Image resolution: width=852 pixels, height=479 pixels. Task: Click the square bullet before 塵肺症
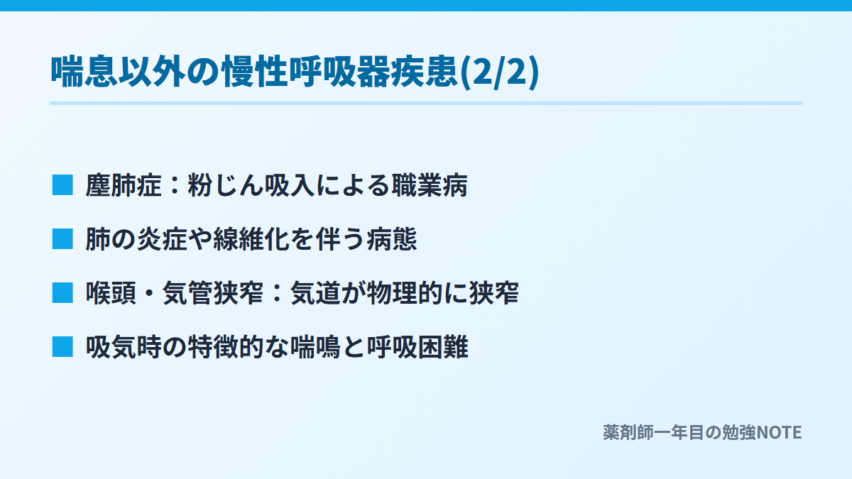62,185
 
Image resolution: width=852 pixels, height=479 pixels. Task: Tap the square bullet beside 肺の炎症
62,239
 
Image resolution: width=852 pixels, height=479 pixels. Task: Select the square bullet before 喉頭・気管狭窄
62,293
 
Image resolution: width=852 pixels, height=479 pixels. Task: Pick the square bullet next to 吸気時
62,347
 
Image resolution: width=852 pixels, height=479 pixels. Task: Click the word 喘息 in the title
84,72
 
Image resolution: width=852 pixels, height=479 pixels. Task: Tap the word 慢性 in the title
255,72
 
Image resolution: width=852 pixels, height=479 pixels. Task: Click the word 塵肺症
124,185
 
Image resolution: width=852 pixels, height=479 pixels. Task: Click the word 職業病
430,185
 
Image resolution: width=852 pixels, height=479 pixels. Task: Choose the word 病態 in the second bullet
392,240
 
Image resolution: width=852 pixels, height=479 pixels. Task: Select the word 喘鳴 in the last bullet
315,348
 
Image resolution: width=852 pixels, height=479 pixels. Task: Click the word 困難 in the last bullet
443,348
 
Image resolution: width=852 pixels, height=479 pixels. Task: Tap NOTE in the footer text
779,433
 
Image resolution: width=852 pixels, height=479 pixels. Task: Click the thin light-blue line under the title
426,104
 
